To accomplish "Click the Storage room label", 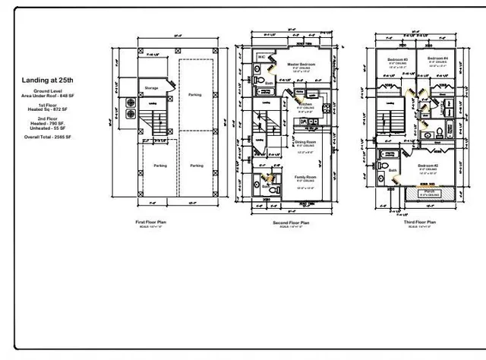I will tap(151, 88).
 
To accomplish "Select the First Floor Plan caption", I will tap(151, 222).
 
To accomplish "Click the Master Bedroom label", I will tap(301, 65).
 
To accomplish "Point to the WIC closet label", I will tap(260, 56).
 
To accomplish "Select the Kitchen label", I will tap(305, 104).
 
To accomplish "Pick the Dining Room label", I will tap(305, 141).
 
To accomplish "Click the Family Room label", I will tap(305, 177).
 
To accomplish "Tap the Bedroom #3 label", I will tap(397, 58).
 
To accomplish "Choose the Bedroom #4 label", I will tap(436, 58).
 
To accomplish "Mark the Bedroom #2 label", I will tap(428, 165).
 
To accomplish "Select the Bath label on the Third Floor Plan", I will tap(393, 170).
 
